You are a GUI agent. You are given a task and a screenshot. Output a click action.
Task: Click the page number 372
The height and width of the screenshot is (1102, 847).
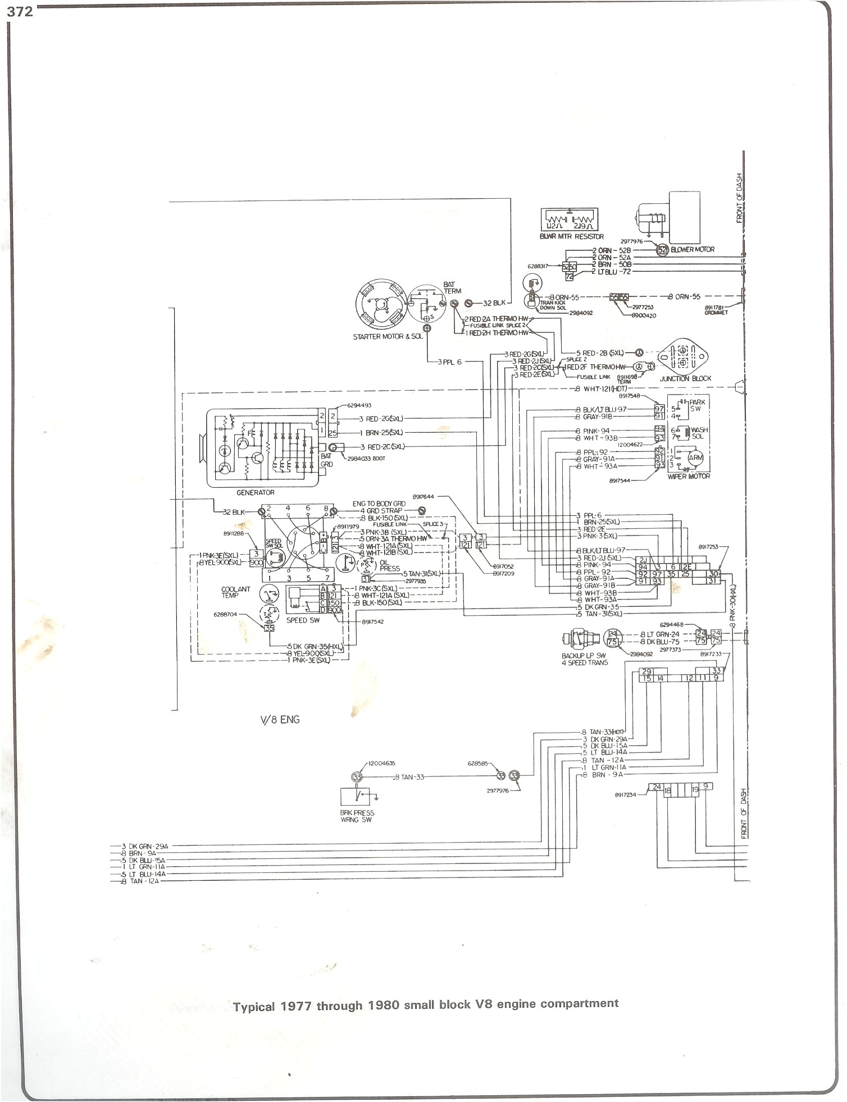pyautogui.click(x=20, y=11)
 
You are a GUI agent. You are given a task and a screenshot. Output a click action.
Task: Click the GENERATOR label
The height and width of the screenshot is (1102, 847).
pyautogui.click(x=256, y=492)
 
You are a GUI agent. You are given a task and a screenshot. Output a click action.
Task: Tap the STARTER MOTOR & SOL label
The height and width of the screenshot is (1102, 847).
pyautogui.click(x=386, y=337)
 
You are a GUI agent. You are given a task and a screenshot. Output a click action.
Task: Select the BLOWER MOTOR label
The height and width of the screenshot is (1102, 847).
pyautogui.click(x=693, y=249)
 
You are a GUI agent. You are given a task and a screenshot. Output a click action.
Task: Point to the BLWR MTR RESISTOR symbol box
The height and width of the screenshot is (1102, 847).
pyautogui.click(x=569, y=220)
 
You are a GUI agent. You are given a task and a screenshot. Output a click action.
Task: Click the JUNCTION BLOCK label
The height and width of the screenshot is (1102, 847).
pyautogui.click(x=685, y=378)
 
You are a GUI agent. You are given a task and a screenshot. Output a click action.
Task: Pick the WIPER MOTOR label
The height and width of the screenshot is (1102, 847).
pyautogui.click(x=689, y=476)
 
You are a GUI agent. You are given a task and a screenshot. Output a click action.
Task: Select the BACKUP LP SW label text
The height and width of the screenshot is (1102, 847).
pyautogui.click(x=584, y=656)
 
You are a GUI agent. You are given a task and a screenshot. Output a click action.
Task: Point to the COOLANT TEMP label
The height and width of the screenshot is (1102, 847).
pyautogui.click(x=235, y=592)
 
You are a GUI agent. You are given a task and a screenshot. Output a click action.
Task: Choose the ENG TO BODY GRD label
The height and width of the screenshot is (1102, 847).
pyautogui.click(x=379, y=504)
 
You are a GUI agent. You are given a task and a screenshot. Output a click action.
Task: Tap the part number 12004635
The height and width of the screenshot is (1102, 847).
pyautogui.click(x=382, y=763)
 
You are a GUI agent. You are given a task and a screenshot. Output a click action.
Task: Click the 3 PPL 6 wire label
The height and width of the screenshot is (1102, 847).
pyautogui.click(x=449, y=362)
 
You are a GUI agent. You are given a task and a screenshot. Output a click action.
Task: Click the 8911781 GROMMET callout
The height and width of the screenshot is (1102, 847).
pyautogui.click(x=716, y=309)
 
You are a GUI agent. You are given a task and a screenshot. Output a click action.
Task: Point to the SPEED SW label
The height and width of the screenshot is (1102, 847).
pyautogui.click(x=303, y=620)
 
